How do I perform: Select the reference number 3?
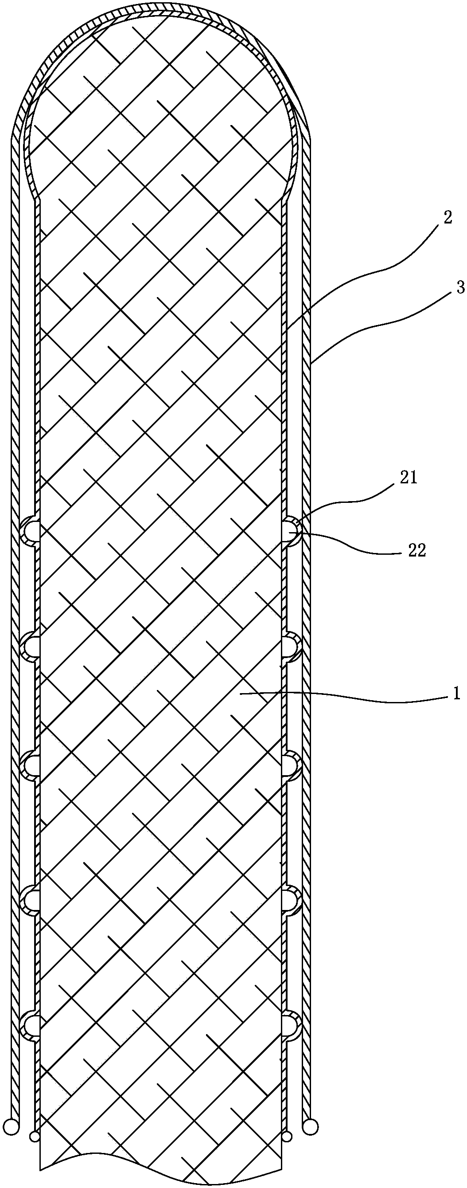click(x=460, y=288)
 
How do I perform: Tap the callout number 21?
click(x=409, y=478)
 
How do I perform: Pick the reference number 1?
click(x=456, y=694)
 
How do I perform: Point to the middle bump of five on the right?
click(x=292, y=765)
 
